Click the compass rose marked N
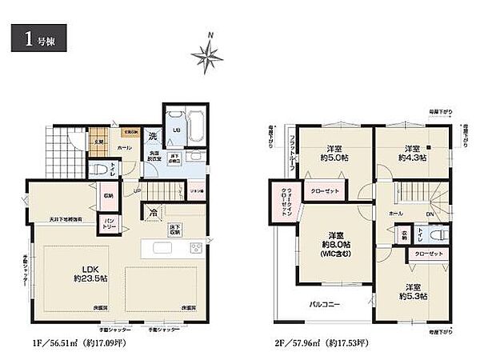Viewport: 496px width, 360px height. [206, 54]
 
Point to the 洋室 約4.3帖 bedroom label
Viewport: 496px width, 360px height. [414, 153]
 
